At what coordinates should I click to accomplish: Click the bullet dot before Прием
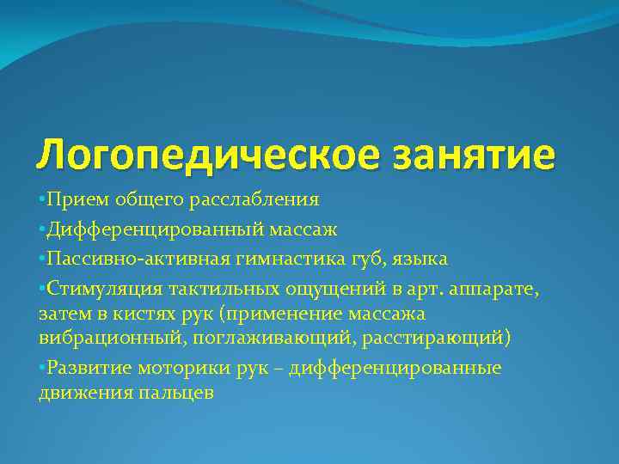[42, 200]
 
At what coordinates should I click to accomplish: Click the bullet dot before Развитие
[42, 368]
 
